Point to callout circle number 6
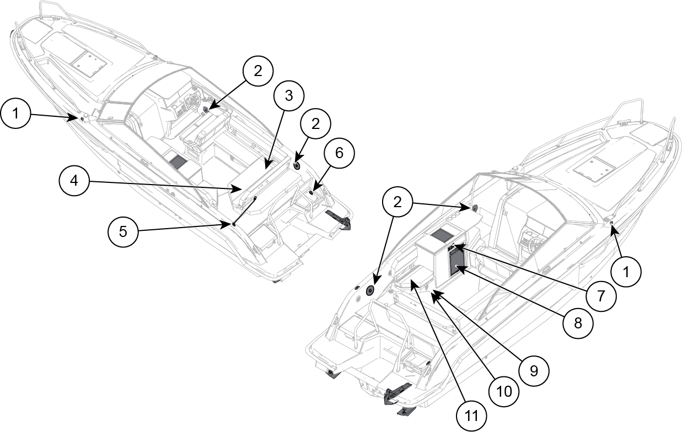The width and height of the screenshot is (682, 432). (339, 153)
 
